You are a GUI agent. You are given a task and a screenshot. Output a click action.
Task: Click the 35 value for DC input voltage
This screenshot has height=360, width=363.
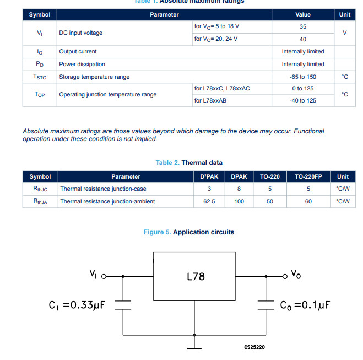[x=302, y=26]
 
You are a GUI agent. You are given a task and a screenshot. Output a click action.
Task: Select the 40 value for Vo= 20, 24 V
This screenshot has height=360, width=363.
[x=302, y=39]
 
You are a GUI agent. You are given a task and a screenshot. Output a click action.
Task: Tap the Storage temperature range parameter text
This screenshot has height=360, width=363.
[x=94, y=77]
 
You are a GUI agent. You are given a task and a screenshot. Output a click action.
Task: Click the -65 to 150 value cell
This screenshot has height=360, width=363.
[x=302, y=77]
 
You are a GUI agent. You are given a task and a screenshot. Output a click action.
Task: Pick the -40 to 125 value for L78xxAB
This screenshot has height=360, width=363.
[x=302, y=100]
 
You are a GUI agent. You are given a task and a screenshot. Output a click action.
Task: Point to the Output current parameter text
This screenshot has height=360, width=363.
[x=78, y=52]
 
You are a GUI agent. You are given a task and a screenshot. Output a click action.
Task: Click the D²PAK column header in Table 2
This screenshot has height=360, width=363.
[x=209, y=177]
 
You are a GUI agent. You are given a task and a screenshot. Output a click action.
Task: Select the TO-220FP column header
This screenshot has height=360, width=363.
[x=308, y=177]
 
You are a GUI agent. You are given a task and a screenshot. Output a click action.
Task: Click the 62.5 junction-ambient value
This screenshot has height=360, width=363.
[x=209, y=202]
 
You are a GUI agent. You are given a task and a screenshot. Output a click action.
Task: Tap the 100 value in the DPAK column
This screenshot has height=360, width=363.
[x=239, y=202]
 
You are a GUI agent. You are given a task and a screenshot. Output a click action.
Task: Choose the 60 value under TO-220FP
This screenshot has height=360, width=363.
[x=308, y=202]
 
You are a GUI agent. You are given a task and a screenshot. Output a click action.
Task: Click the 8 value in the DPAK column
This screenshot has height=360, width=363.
[x=239, y=189]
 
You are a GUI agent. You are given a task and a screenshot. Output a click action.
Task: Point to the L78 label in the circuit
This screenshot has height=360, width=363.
[x=196, y=276]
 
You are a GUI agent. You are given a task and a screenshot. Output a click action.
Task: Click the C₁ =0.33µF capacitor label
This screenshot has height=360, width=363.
[x=77, y=305]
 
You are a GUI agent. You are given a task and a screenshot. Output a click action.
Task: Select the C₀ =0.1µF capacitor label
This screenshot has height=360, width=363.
[x=305, y=305]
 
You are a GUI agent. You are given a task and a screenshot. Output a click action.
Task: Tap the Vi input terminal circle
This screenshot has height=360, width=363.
[x=103, y=275]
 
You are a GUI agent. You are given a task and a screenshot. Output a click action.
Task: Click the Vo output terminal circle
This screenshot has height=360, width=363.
[x=285, y=275]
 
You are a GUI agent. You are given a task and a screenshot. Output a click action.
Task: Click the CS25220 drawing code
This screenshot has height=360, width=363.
[x=254, y=347]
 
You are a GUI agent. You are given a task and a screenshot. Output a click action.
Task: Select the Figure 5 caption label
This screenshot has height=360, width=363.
[x=157, y=232]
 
